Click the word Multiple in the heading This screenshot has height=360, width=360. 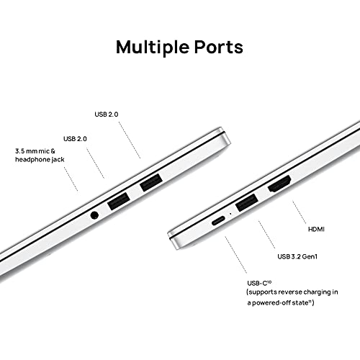(x=151, y=47)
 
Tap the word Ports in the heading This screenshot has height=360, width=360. (x=219, y=47)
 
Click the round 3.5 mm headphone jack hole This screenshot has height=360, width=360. (x=94, y=215)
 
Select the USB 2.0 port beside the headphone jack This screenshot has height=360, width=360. (x=119, y=201)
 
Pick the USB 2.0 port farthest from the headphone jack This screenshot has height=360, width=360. (x=150, y=182)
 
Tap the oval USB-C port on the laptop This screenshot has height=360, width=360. (x=218, y=220)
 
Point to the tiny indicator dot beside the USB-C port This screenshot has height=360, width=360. (x=231, y=213)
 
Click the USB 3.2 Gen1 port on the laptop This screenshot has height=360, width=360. (x=247, y=202)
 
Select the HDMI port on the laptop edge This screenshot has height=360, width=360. (x=279, y=184)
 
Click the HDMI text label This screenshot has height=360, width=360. (x=316, y=229)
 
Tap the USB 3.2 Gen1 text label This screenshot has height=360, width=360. (x=297, y=256)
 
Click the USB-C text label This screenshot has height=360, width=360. (x=259, y=283)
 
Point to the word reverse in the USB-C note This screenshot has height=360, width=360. (x=290, y=292)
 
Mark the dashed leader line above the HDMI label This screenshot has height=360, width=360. (x=300, y=212)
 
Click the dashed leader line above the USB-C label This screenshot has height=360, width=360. (x=235, y=255)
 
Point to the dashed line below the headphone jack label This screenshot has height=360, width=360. (x=71, y=179)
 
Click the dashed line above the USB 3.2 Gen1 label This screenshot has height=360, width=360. (x=266, y=235)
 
